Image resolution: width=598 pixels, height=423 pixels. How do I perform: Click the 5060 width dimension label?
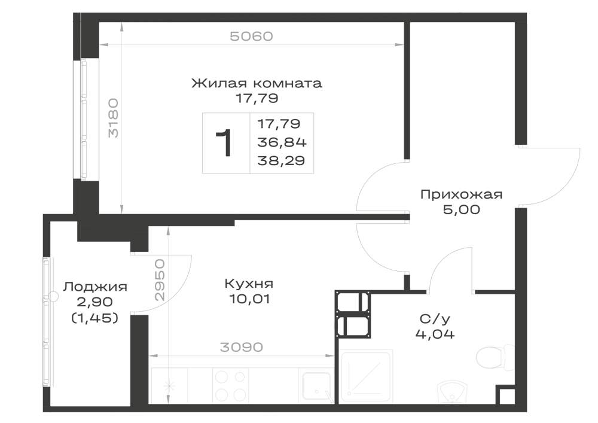251,36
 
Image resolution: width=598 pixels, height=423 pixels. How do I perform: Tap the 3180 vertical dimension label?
113,118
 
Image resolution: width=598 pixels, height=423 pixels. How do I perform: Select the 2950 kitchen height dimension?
160,280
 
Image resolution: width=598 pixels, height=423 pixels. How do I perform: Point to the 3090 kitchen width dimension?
242,347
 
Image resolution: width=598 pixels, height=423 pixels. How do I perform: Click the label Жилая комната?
257,83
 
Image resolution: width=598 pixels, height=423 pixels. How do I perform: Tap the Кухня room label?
249,284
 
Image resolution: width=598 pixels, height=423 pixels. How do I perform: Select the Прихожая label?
462,194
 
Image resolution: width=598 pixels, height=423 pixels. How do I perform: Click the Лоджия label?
95,287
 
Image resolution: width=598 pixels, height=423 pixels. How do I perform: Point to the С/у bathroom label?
435,318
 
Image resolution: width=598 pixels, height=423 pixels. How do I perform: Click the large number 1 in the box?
224,143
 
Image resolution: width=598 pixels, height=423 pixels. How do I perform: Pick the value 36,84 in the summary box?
282,142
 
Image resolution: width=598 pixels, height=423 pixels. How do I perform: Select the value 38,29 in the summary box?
282,160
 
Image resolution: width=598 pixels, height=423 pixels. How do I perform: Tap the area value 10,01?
249,299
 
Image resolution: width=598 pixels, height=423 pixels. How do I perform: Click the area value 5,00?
462,209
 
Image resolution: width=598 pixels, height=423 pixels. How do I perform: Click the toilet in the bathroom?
495,358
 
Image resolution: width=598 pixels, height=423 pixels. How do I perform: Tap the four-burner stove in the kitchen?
230,385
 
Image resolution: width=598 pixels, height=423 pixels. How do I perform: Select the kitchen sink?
316,386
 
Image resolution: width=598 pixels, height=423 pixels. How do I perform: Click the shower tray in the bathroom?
365,377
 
